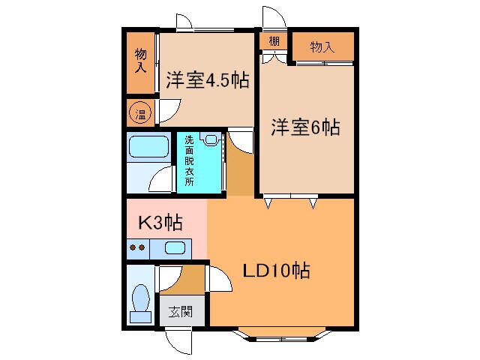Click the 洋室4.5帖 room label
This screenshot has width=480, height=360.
tap(208, 81)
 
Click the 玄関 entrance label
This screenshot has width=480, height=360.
tap(180, 311)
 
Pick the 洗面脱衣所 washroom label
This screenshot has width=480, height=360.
tap(189, 160)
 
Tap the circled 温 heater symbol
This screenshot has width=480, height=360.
tap(139, 114)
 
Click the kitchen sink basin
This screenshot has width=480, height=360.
tap(175, 248)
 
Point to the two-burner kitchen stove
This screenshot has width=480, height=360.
tap(137, 247)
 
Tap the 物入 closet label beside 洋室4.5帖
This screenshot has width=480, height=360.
tap(140, 60)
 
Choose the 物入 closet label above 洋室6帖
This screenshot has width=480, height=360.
tap(322, 47)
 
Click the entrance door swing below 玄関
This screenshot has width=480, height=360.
tap(178, 341)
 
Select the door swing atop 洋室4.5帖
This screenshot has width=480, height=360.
tap(184, 20)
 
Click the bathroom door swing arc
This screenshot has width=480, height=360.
tap(161, 180)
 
